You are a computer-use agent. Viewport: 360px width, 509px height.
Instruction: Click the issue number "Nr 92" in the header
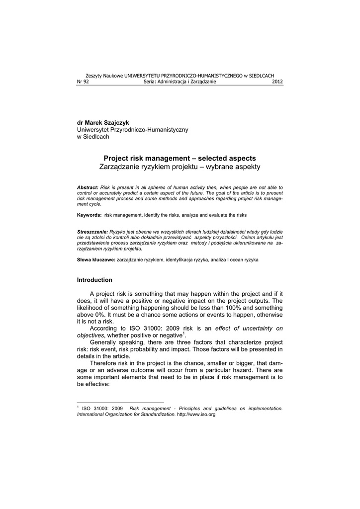click(x=83, y=82)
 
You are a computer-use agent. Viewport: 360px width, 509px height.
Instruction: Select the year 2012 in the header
click(x=277, y=82)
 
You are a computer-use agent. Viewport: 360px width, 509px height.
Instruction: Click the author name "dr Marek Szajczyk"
click(x=103, y=122)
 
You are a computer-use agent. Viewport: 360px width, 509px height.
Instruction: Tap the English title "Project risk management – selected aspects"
click(x=180, y=158)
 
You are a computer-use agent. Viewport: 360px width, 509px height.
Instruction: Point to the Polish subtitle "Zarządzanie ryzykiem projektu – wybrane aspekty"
click(x=180, y=167)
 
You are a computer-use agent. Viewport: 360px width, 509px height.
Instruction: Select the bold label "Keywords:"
click(x=89, y=215)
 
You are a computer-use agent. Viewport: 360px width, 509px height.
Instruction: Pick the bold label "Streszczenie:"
click(x=92, y=232)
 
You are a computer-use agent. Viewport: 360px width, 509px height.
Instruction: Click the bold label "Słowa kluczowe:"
click(x=95, y=260)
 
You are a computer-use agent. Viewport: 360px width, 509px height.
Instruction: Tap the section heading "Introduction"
click(x=94, y=280)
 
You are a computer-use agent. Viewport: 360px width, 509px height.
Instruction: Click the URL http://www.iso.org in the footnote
click(x=196, y=415)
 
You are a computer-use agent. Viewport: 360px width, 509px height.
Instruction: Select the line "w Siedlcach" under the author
click(x=93, y=137)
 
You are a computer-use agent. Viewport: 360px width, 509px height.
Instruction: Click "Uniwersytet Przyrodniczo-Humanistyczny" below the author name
click(x=132, y=129)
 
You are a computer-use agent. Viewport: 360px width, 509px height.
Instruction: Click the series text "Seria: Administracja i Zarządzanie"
click(x=180, y=82)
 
